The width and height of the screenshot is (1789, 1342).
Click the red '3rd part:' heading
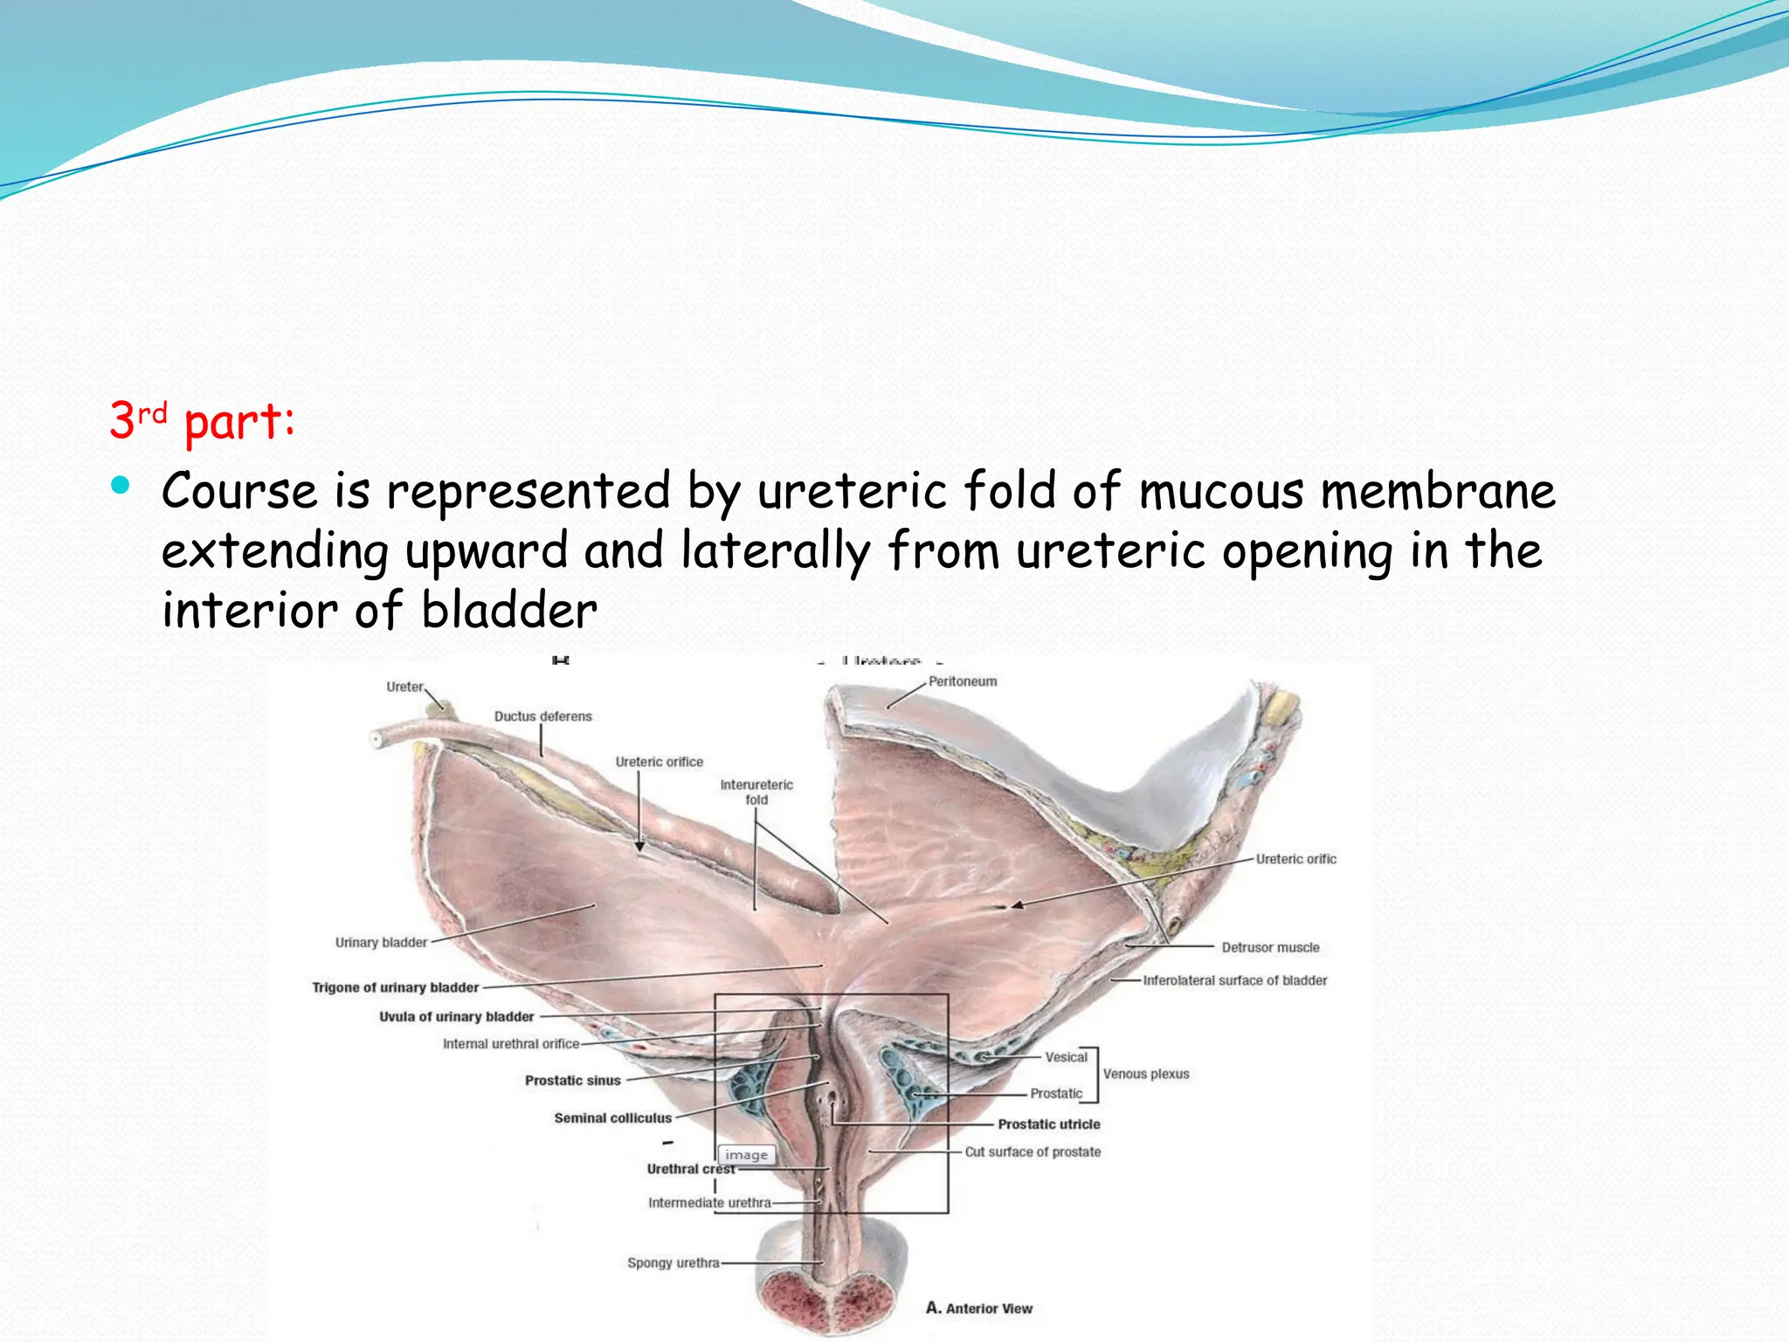(x=203, y=421)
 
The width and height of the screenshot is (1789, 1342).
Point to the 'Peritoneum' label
(x=962, y=681)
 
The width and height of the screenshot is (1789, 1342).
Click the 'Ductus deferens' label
(x=542, y=716)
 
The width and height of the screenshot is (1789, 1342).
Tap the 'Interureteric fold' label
(x=756, y=792)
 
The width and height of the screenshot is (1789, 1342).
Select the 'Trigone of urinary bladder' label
(x=395, y=987)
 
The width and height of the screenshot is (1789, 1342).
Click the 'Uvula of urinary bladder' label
(x=456, y=1017)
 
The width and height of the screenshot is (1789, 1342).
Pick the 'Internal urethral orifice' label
(x=510, y=1044)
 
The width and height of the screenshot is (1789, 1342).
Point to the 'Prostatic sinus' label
(x=572, y=1081)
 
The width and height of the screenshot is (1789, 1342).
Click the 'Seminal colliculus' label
(x=612, y=1118)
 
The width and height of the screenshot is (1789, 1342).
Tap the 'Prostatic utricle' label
(x=1048, y=1124)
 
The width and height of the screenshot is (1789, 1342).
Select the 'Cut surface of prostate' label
(x=1033, y=1152)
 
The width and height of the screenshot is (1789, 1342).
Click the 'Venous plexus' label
(x=1145, y=1075)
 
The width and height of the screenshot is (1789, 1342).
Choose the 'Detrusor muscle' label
(x=1270, y=948)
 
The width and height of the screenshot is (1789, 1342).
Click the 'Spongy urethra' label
(x=673, y=1263)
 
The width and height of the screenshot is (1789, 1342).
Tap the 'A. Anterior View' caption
(x=979, y=1309)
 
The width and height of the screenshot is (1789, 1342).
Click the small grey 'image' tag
(x=746, y=1155)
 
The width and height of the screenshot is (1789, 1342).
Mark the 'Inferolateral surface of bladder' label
(x=1234, y=981)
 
